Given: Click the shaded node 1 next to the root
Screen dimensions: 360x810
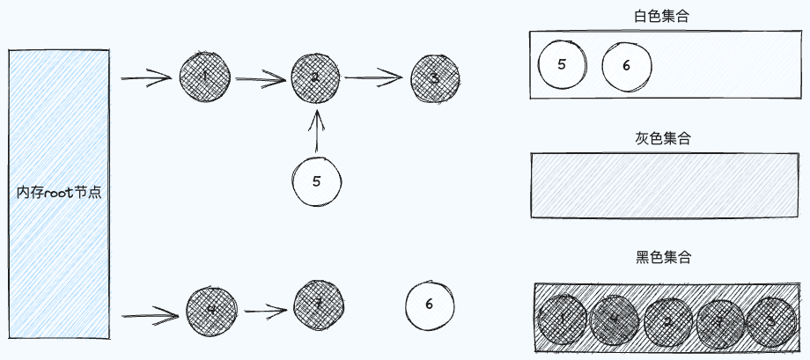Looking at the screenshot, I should coord(204,77).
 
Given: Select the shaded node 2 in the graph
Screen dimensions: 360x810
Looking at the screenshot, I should coord(315,77).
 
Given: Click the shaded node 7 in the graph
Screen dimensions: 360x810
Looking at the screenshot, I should coord(317,305).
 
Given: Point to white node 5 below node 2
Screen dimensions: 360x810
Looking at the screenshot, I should coord(316,180).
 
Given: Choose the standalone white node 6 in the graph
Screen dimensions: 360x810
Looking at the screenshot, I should coord(430,304).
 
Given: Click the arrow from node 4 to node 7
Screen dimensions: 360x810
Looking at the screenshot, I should coord(266,310).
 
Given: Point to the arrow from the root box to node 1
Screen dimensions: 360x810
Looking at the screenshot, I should coord(146,79).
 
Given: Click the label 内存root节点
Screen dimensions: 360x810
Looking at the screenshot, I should coord(59,192).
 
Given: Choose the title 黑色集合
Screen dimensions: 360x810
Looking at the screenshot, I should coord(662,257).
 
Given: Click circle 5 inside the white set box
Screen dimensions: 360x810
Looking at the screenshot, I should coord(562,64).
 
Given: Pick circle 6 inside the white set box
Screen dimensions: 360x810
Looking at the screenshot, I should coord(626,65).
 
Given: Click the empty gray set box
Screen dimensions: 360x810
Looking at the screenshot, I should coord(661,185).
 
